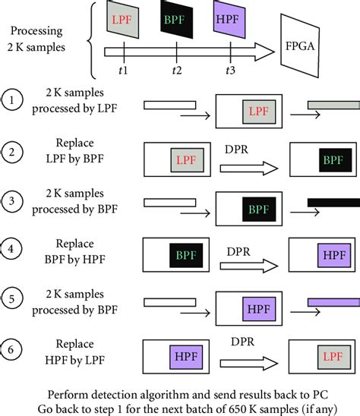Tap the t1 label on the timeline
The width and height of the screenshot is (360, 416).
pyautogui.click(x=124, y=71)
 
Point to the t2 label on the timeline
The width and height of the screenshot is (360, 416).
pyautogui.click(x=176, y=71)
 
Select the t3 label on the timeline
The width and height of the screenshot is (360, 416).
pyautogui.click(x=229, y=71)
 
